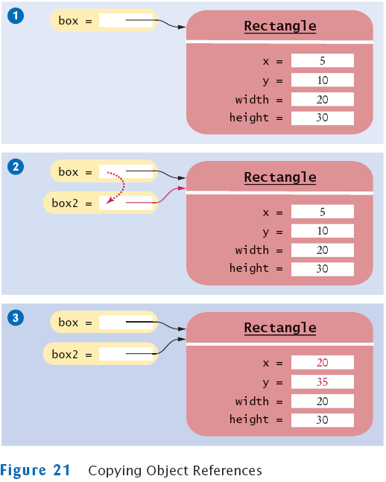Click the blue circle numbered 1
pyautogui.click(x=16, y=16)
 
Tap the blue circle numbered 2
pyautogui.click(x=16, y=167)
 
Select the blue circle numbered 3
pyautogui.click(x=16, y=318)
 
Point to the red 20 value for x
pyautogui.click(x=323, y=363)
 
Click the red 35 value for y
pyautogui.click(x=323, y=381)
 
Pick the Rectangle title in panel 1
pyautogui.click(x=280, y=26)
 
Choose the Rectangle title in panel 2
pyautogui.click(x=280, y=177)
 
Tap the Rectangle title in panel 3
pyautogui.click(x=280, y=328)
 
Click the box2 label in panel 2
pyautogui.click(x=65, y=203)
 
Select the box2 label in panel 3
pyautogui.click(x=65, y=354)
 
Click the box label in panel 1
pyautogui.click(x=69, y=21)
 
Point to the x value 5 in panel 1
pyautogui.click(x=323, y=61)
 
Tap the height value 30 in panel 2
pyautogui.click(x=323, y=269)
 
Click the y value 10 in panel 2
pyautogui.click(x=323, y=231)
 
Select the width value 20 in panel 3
pyautogui.click(x=323, y=401)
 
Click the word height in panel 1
pyautogui.click(x=249, y=118)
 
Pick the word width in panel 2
pyautogui.click(x=252, y=250)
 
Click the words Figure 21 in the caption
pyautogui.click(x=35, y=471)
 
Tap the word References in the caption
pyautogui.click(x=227, y=471)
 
